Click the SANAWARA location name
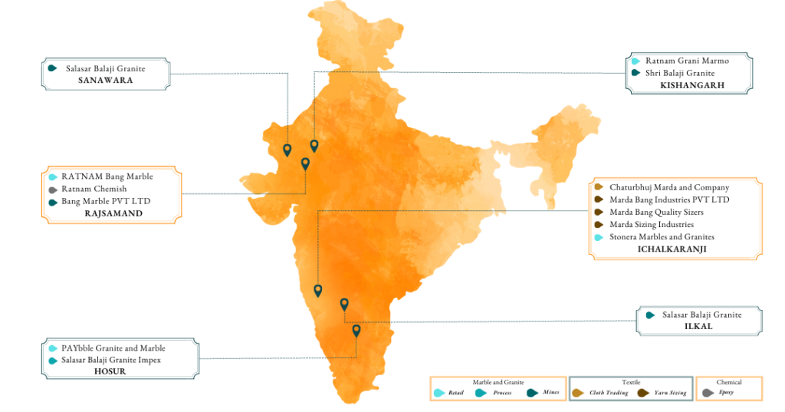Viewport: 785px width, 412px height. coord(105,80)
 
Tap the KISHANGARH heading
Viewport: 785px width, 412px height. coord(691,85)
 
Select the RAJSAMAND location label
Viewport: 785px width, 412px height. coord(113,213)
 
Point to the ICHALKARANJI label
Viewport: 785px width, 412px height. coord(672,249)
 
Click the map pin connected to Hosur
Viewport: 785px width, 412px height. coord(356,331)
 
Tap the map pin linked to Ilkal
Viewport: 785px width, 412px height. coord(344,305)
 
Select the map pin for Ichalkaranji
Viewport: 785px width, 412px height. coord(318,291)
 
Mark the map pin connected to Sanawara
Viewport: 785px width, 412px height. coord(287,150)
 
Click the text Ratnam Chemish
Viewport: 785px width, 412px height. coord(94,189)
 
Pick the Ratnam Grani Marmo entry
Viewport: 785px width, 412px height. coord(687,60)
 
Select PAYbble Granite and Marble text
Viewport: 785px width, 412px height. coord(113,348)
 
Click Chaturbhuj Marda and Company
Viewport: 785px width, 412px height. coord(669,187)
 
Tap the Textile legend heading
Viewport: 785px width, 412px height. coord(630,382)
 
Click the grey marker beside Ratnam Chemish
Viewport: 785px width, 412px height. coord(52,190)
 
